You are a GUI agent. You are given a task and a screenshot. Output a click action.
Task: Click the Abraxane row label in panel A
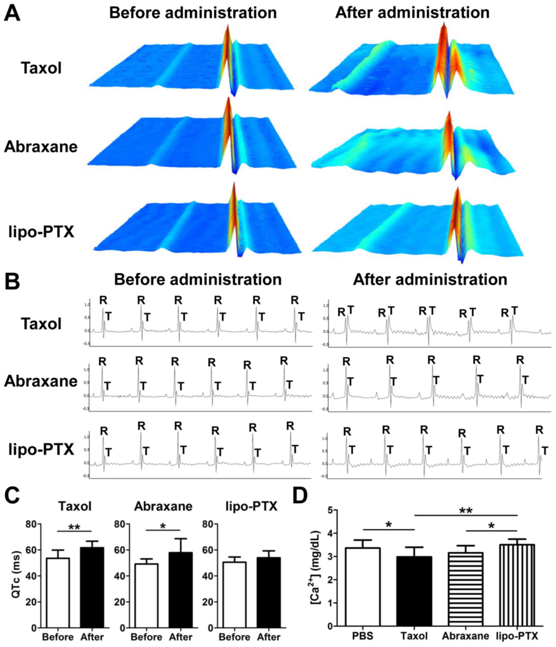pyautogui.click(x=41, y=147)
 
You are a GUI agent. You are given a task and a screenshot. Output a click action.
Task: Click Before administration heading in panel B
pyautogui.click(x=198, y=279)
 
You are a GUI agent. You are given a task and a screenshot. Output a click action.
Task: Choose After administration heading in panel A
pyautogui.click(x=412, y=13)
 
